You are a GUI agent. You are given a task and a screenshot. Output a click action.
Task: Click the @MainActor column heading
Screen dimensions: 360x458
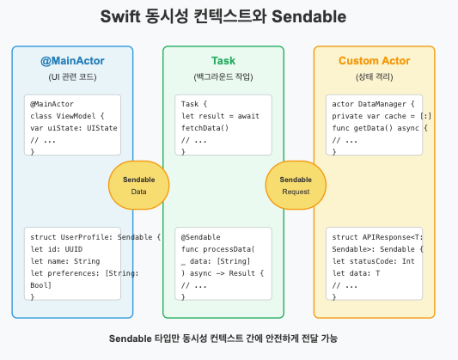(x=72, y=61)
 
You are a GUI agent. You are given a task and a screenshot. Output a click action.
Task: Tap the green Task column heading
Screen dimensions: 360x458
(x=223, y=61)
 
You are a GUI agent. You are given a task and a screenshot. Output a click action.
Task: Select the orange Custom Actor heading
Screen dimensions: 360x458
(x=374, y=61)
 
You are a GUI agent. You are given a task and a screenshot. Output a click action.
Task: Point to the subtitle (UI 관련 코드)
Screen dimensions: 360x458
(x=72, y=76)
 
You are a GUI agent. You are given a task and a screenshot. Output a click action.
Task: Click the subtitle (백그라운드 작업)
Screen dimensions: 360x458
(x=223, y=76)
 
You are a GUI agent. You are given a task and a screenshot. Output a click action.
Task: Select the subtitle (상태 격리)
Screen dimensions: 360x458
(x=374, y=76)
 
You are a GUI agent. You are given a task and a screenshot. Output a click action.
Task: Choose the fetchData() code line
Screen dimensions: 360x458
(x=205, y=127)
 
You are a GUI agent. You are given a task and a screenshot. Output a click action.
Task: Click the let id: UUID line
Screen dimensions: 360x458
(x=56, y=247)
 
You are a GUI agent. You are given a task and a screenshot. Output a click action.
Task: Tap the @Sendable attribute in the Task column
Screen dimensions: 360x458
(x=201, y=235)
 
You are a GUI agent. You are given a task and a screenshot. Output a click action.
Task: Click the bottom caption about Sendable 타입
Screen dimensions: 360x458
(x=229, y=338)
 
